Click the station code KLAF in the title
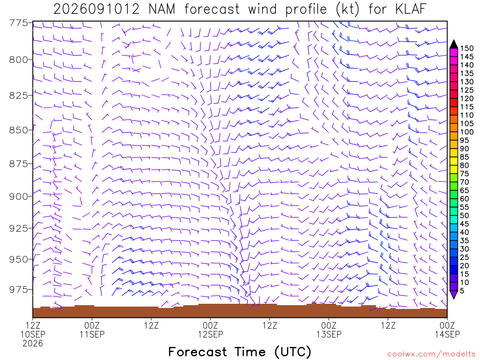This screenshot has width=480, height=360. [411, 9]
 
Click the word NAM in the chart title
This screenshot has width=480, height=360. [162, 9]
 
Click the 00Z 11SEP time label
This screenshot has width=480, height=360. [92, 330]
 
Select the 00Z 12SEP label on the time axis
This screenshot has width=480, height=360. [210, 330]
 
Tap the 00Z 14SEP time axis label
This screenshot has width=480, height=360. [447, 330]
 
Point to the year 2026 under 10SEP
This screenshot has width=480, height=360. [33, 344]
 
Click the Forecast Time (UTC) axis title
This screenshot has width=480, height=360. [240, 352]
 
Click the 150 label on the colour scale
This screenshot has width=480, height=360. [466, 48]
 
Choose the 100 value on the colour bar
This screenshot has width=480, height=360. [466, 132]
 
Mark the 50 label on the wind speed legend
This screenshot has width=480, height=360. [465, 216]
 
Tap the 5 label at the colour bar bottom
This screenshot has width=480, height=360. [462, 291]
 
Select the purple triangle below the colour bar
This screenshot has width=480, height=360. [454, 294]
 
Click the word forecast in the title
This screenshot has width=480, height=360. [212, 9]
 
